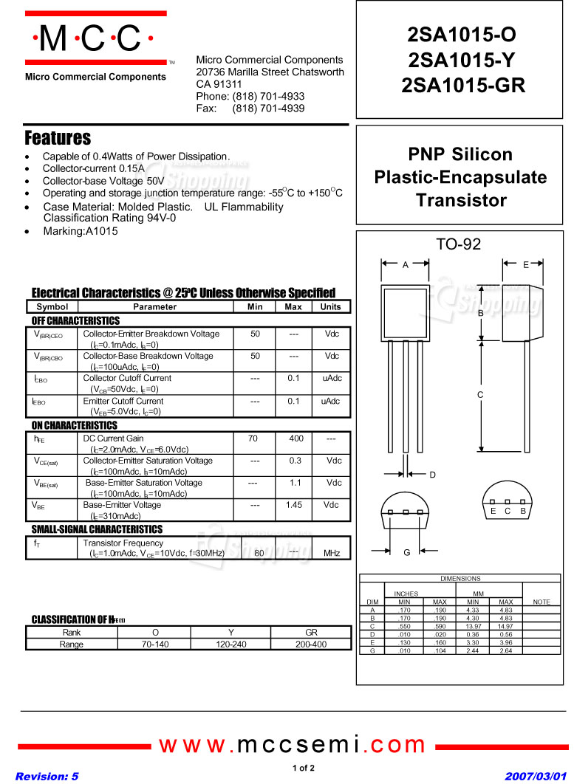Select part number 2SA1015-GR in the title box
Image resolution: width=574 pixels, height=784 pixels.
tap(463, 86)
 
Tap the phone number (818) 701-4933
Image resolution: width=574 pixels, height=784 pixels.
tap(268, 97)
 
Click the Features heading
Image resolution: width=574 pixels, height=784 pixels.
tap(58, 138)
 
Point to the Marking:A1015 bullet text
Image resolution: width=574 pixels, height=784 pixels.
tap(80, 231)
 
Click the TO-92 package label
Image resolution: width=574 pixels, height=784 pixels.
tap(458, 244)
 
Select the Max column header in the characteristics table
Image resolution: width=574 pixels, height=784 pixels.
tap(293, 307)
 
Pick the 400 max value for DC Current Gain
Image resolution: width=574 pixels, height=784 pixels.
tap(295, 439)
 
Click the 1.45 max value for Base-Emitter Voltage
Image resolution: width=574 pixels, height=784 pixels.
tap(294, 505)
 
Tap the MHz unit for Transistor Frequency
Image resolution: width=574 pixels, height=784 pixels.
tap(331, 553)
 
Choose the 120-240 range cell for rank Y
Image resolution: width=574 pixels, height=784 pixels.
tap(231, 644)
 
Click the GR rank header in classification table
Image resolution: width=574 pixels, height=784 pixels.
tap(310, 633)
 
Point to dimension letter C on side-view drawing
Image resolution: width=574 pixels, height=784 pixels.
tap(480, 395)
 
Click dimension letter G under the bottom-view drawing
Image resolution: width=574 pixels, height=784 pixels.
tap(406, 552)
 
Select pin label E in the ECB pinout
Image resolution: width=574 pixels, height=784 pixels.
tap(493, 511)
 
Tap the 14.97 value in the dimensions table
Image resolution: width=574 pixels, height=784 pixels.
tap(505, 626)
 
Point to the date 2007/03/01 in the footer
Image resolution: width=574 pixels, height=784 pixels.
tap(536, 777)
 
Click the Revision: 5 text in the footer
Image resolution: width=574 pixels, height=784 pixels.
tap(47, 777)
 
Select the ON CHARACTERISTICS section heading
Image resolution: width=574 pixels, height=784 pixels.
tap(74, 426)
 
